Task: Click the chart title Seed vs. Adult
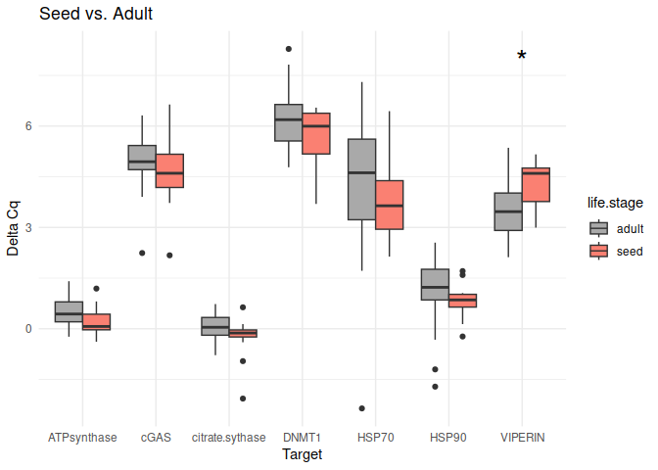(96, 15)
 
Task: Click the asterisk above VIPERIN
(522, 57)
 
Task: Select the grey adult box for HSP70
(362, 179)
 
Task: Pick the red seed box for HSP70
(390, 205)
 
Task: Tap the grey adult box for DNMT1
(289, 122)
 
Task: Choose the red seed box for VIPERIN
(536, 185)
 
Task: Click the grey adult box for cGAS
(142, 157)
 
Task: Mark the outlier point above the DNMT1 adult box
(289, 49)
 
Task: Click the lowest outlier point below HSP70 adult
(362, 408)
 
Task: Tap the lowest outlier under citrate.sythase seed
(243, 399)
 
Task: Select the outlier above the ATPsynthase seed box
(96, 289)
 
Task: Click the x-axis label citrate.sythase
(228, 438)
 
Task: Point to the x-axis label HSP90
(448, 438)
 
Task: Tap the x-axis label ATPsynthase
(82, 438)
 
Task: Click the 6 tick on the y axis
(29, 126)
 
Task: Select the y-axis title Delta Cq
(13, 228)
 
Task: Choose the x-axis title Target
(302, 455)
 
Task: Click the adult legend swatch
(598, 228)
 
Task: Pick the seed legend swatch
(598, 251)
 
